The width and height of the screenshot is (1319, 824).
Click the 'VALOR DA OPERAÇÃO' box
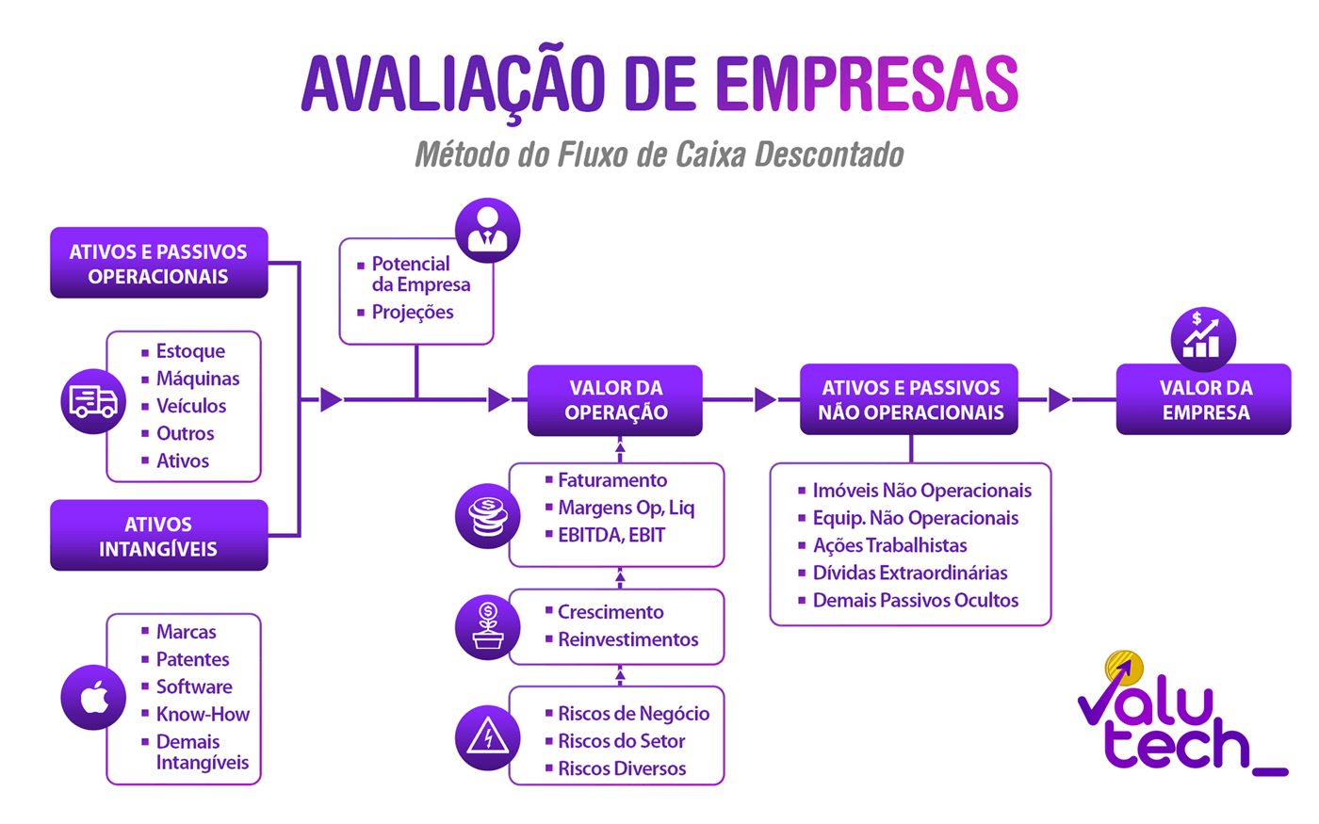point(614,400)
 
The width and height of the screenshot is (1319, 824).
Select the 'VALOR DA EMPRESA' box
point(1203,400)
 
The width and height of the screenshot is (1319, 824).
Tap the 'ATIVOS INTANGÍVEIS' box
point(158,536)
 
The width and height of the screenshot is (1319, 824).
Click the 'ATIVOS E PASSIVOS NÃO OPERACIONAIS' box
point(909,400)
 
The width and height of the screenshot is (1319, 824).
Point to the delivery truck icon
point(93,401)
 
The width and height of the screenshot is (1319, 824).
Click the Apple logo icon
point(93,698)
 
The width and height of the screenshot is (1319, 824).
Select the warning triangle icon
point(487,736)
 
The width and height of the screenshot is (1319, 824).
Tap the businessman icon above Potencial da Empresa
point(487,230)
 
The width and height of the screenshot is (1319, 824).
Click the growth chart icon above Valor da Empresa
point(1202,338)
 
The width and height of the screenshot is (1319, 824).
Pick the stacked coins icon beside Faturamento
point(487,515)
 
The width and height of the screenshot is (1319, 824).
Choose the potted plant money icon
point(487,627)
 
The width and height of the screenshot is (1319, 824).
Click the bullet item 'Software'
point(194,687)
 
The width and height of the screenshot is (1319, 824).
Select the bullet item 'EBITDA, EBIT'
point(611,535)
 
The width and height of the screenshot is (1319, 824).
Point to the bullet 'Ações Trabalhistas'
point(889,545)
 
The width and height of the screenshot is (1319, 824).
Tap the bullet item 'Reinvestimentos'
point(627,639)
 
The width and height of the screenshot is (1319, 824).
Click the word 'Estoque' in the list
point(190,351)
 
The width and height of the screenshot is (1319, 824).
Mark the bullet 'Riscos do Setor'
point(621,741)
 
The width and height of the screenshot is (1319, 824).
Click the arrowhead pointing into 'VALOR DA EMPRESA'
point(1059,400)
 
